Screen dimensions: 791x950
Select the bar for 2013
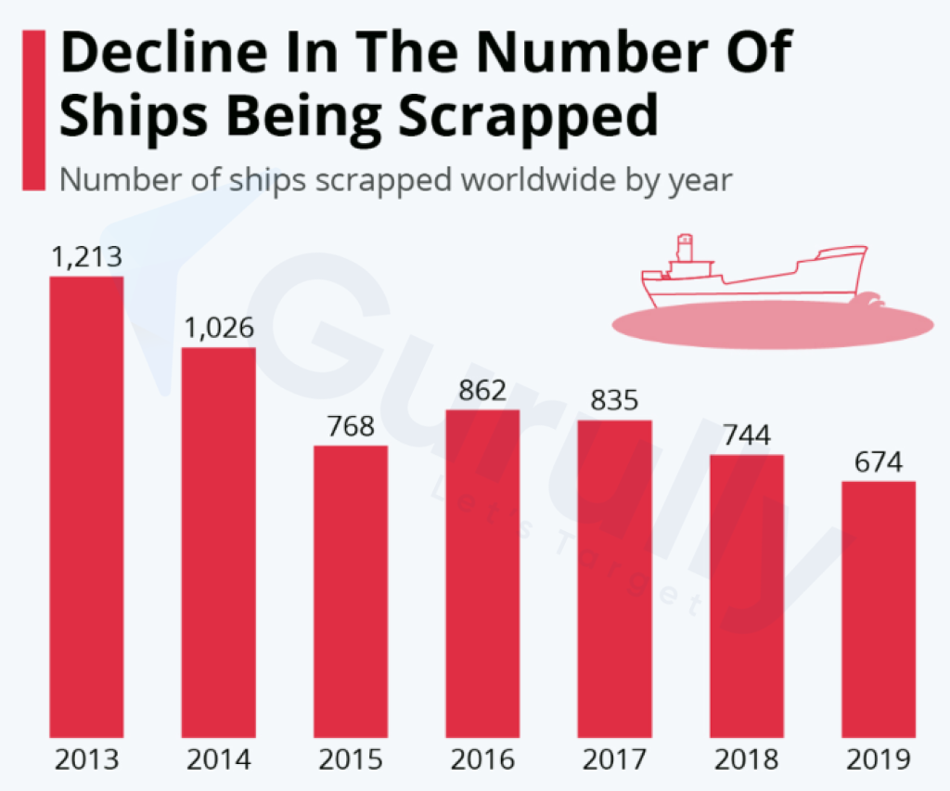point(86,506)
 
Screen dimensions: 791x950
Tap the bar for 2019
point(879,609)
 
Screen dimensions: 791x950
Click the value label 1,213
point(86,257)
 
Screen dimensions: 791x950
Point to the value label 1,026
point(219,329)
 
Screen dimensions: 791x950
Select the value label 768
point(351,427)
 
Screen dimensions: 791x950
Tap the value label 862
point(482,391)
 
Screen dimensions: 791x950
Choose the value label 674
point(879,462)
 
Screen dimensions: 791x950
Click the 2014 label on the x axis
point(219,760)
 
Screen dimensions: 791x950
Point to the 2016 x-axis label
point(482,760)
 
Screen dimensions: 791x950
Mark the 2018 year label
point(747,760)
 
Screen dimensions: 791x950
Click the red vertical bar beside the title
point(34,110)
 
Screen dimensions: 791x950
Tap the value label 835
point(614,401)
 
